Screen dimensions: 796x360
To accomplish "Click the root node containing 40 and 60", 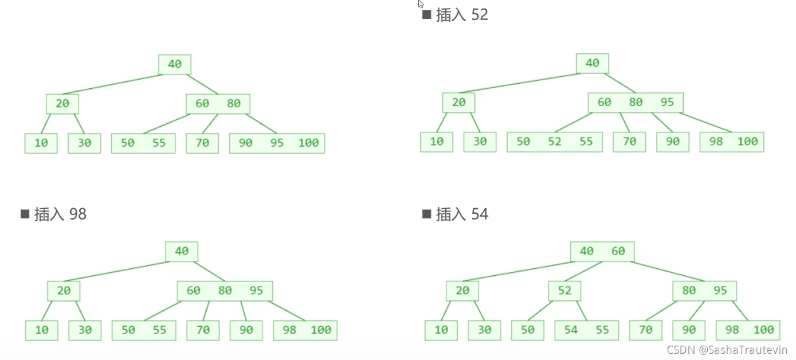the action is (x=602, y=251).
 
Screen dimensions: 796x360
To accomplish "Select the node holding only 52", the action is (x=564, y=291).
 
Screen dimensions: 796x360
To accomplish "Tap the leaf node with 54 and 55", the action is (x=586, y=330).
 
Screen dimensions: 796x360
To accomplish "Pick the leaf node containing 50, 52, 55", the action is (x=554, y=142).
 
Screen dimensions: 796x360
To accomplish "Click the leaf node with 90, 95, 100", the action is (x=277, y=143).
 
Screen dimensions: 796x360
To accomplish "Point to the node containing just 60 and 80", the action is (x=218, y=104).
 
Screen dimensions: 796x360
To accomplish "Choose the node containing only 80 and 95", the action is (x=704, y=291).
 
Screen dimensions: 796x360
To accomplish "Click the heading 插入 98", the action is (x=60, y=214).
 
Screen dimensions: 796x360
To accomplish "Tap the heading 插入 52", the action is (x=462, y=15).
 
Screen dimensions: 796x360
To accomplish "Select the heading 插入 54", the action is (x=462, y=214).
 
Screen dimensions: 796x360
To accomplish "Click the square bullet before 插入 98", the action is (x=25, y=214).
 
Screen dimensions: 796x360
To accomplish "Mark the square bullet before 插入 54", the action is (x=426, y=214).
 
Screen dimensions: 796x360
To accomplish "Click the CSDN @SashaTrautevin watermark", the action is (x=727, y=350).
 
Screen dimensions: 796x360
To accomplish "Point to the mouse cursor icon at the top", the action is (x=421, y=4).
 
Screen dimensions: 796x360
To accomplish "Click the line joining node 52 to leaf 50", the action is (x=540, y=311).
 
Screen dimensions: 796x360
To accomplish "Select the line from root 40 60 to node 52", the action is (x=583, y=271).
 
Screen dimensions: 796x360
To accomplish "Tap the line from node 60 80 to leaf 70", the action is (x=210, y=124).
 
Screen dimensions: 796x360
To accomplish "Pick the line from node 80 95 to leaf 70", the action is (x=661, y=311).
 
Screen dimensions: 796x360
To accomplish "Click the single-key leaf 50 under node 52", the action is (x=527, y=330).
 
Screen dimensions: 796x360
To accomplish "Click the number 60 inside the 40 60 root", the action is (x=618, y=251).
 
